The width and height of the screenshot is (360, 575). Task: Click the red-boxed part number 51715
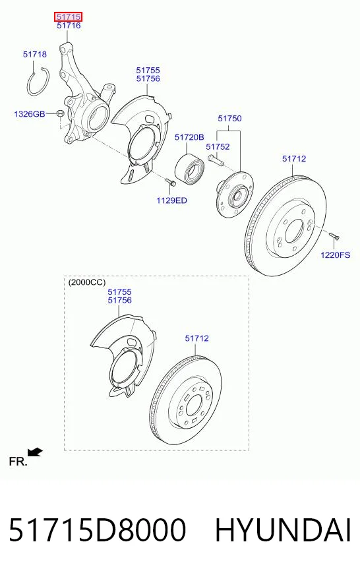69,16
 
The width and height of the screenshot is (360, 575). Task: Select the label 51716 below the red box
69,26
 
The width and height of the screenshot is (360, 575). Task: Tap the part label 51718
35,54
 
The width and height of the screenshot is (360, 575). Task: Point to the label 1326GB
29,113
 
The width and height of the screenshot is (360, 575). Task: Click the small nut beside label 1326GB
61,113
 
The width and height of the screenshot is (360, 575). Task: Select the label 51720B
189,137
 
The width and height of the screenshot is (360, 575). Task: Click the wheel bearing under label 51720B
189,169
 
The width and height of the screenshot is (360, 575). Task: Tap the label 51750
229,119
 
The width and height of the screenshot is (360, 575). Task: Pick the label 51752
218,146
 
